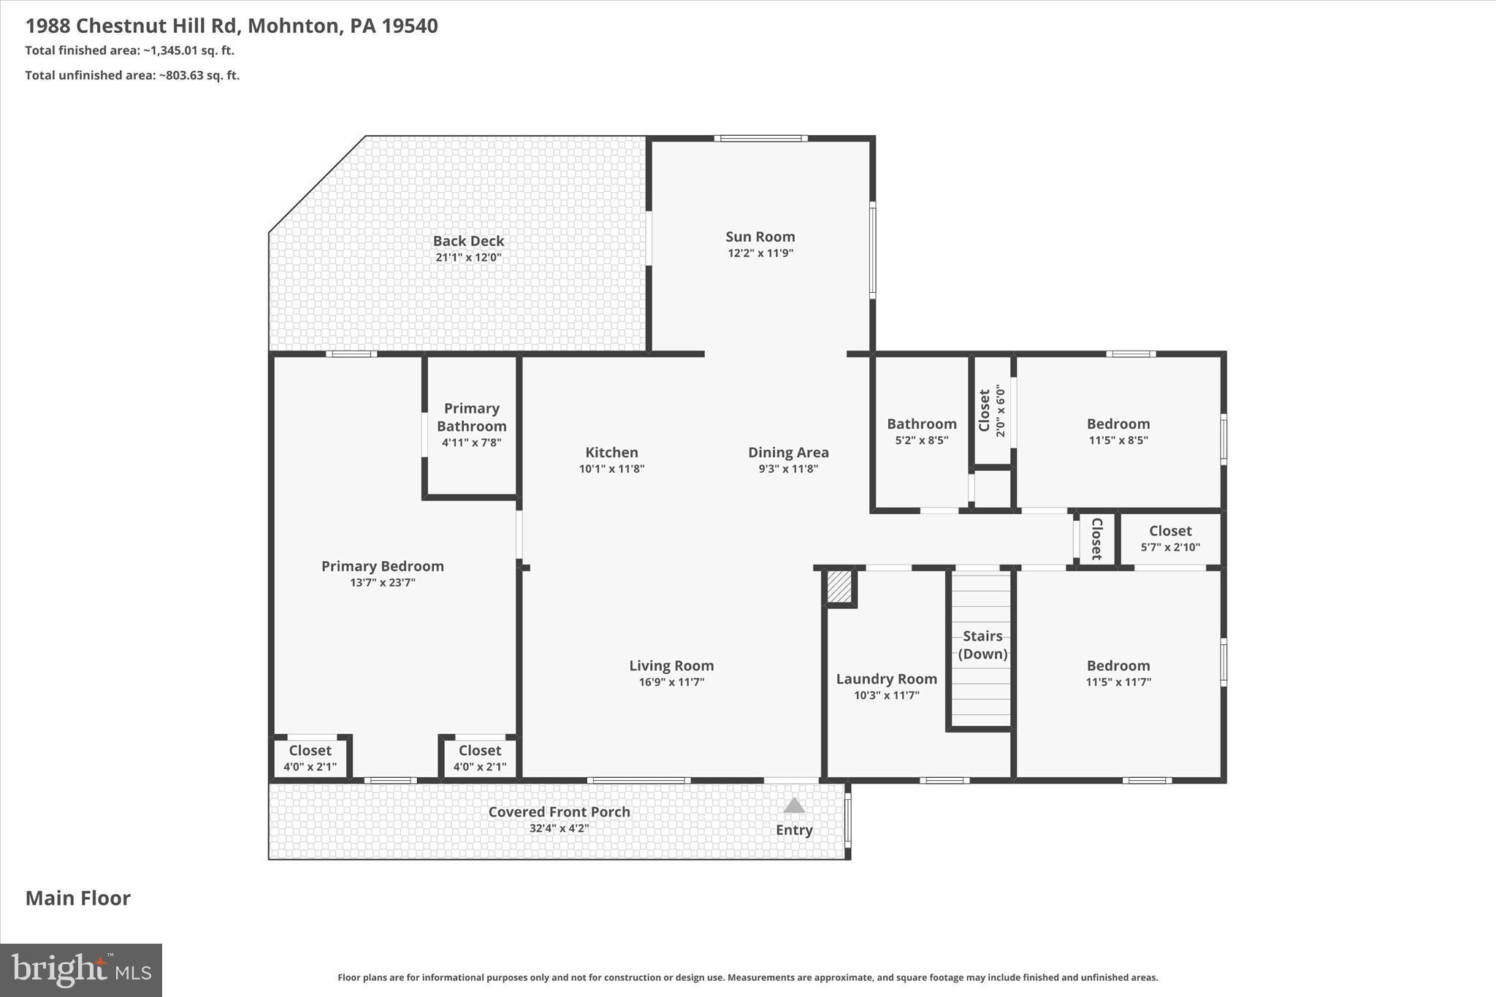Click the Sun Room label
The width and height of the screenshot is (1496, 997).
click(x=760, y=237)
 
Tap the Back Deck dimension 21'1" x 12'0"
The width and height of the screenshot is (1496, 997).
click(x=468, y=257)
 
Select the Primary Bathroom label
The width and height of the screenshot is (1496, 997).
click(x=471, y=417)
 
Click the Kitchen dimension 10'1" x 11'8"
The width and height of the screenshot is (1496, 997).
click(x=611, y=469)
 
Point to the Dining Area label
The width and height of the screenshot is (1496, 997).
click(x=788, y=452)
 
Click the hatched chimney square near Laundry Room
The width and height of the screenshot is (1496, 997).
click(x=839, y=587)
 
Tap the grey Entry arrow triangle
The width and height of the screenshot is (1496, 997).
click(x=794, y=806)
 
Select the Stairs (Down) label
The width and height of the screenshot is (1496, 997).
click(x=982, y=644)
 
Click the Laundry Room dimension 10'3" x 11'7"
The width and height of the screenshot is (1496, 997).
click(x=886, y=695)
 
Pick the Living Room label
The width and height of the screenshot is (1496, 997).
click(x=671, y=665)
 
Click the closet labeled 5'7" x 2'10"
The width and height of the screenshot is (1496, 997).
click(x=1169, y=538)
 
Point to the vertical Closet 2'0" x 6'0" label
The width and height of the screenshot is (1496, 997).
click(x=992, y=410)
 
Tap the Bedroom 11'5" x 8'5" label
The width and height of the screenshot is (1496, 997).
click(x=1118, y=424)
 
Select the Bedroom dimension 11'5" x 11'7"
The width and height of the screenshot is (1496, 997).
click(x=1118, y=682)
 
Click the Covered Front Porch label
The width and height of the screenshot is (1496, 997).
click(x=559, y=811)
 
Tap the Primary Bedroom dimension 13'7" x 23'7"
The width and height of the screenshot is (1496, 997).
click(x=382, y=583)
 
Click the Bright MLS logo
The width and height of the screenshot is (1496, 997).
click(x=81, y=970)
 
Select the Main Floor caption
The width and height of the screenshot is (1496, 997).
click(x=78, y=898)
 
